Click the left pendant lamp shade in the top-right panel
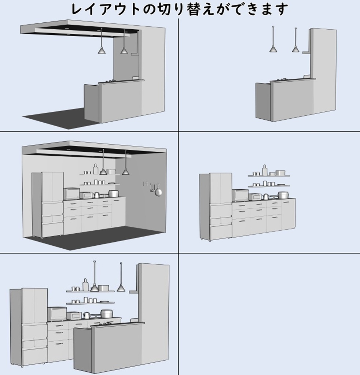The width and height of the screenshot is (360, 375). click(x=273, y=49)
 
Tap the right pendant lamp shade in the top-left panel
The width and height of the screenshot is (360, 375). click(x=124, y=51)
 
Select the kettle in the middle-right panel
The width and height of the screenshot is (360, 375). click(x=266, y=197)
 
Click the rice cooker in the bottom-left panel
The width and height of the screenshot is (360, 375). click(x=105, y=314)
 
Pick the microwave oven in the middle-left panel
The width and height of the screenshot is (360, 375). click(x=71, y=193)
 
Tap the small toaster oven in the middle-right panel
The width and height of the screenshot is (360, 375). click(x=255, y=197)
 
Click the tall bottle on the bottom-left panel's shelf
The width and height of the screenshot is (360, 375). click(x=85, y=285)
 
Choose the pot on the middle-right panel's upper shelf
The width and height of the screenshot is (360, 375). click(x=280, y=173)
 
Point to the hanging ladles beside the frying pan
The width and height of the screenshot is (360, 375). click(x=152, y=187)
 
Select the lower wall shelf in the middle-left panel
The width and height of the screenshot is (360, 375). click(x=100, y=185)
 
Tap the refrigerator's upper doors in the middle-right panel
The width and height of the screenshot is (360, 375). click(x=220, y=188)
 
